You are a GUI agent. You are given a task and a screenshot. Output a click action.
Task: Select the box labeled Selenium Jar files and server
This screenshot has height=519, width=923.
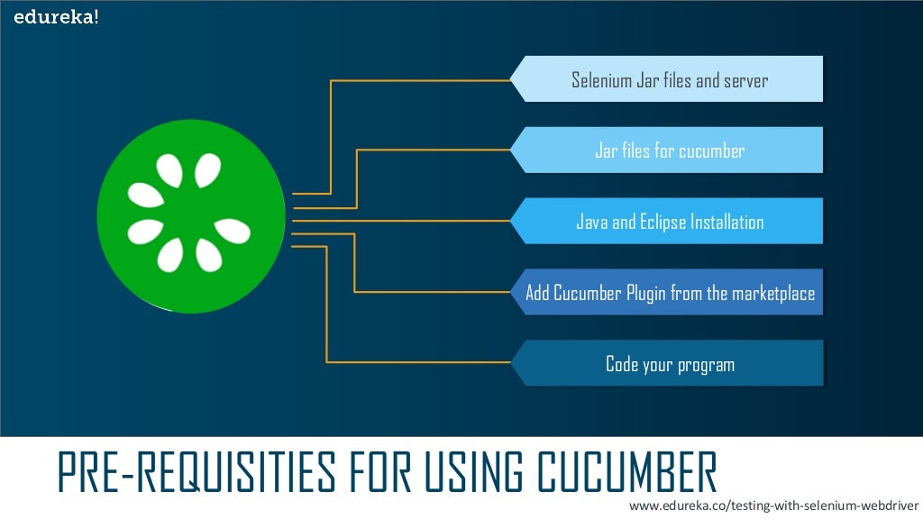point(669,79)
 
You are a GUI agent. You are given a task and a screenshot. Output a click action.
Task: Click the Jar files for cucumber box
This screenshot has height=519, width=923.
point(669,150)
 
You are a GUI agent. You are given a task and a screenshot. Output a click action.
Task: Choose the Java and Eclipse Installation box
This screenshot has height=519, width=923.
point(669,221)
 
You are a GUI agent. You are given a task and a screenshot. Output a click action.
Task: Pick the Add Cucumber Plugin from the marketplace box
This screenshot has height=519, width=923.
point(669,293)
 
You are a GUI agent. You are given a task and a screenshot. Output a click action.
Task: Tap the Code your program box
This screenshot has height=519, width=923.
point(669,364)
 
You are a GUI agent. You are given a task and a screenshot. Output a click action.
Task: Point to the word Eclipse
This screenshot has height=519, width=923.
point(663,222)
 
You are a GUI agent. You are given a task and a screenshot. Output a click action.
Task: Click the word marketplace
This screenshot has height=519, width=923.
point(772,293)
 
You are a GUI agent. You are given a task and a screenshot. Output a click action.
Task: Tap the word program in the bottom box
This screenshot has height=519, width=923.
point(705,366)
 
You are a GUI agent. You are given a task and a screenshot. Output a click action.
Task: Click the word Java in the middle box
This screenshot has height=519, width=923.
point(592,222)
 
